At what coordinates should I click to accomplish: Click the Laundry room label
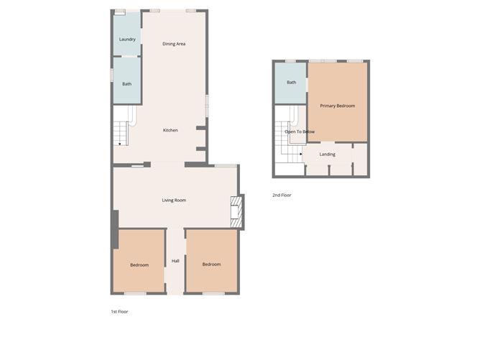pyautogui.click(x=127, y=39)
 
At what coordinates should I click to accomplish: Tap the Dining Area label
pyautogui.click(x=174, y=44)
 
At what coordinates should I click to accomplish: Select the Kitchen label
pyautogui.click(x=170, y=130)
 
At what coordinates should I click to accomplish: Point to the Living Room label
pyautogui.click(x=174, y=200)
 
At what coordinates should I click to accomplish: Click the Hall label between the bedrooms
pyautogui.click(x=175, y=261)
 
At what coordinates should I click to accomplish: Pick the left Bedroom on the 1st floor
pyautogui.click(x=139, y=265)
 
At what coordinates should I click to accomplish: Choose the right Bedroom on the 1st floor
pyautogui.click(x=211, y=264)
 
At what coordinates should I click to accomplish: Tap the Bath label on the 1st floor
pyautogui.click(x=126, y=84)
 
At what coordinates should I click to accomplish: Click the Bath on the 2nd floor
pyautogui.click(x=291, y=83)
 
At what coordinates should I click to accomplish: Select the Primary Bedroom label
pyautogui.click(x=338, y=106)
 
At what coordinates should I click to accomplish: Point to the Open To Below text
pyautogui.click(x=300, y=131)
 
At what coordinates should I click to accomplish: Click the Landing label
pyautogui.click(x=328, y=154)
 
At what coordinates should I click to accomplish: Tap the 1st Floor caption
pyautogui.click(x=119, y=311)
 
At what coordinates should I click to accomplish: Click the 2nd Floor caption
pyautogui.click(x=282, y=195)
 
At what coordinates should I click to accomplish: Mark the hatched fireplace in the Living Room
pyautogui.click(x=235, y=213)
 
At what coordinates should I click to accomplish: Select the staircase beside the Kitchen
pyautogui.click(x=120, y=132)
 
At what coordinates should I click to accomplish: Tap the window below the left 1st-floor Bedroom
pyautogui.click(x=135, y=293)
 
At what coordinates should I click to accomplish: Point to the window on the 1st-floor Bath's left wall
pyautogui.click(x=111, y=75)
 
